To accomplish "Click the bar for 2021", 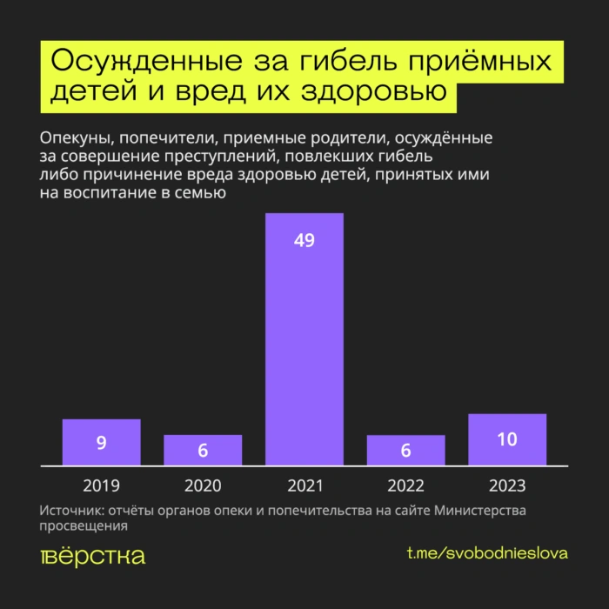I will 304,339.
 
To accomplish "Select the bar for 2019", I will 101,442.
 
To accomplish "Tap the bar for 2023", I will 506,439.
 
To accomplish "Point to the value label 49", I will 304,241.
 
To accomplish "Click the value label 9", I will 101,443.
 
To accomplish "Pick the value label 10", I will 506,439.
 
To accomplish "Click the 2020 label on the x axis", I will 203,485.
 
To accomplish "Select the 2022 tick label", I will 405,485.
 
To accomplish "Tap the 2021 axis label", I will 304,485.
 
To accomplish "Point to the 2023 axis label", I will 506,485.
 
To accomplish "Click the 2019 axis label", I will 101,485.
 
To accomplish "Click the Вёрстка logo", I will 92,555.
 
